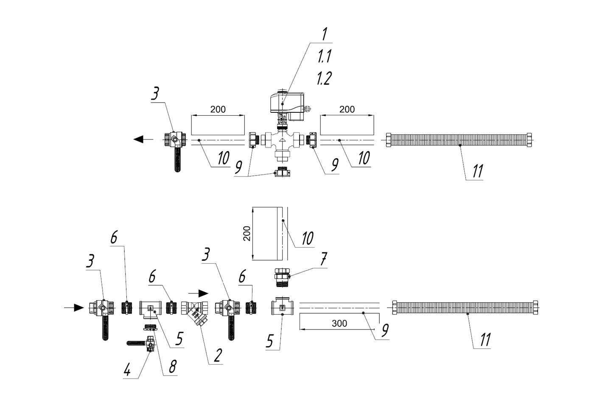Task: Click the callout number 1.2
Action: coord(324,78)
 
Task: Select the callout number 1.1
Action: coord(324,56)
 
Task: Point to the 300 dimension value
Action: coord(339,323)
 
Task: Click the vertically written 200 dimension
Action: coord(247,233)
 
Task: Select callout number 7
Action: coord(324,259)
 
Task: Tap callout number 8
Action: coord(172,366)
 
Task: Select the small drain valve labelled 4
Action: coord(149,344)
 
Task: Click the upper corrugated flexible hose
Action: coord(458,139)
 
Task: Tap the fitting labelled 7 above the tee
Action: coord(283,275)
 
